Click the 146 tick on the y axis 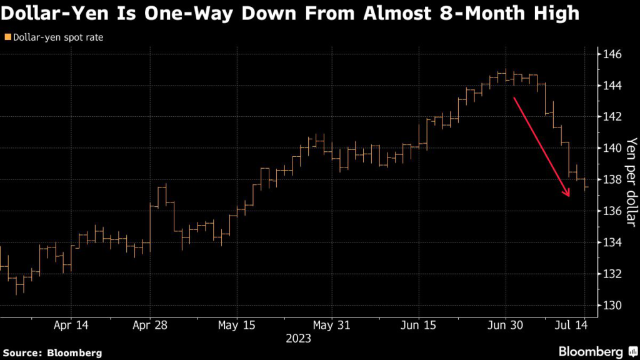pyautogui.click(x=611, y=54)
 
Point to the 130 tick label pyautogui.click(x=611, y=306)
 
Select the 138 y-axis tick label pyautogui.click(x=611, y=180)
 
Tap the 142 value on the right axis pyautogui.click(x=611, y=117)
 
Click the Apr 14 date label pyautogui.click(x=71, y=326)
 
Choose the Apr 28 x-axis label pyautogui.click(x=151, y=326)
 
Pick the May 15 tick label pyautogui.click(x=237, y=326)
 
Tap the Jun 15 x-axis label pyautogui.click(x=418, y=326)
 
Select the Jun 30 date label pyautogui.click(x=506, y=326)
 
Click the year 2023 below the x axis pyautogui.click(x=297, y=339)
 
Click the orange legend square pyautogui.click(x=7, y=37)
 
